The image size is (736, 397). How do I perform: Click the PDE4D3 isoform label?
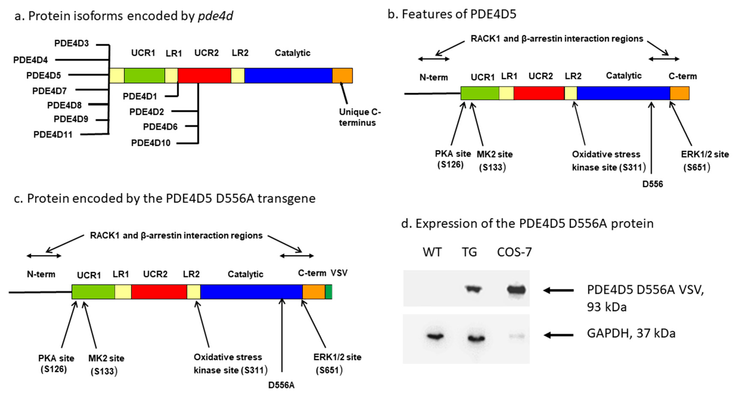71,43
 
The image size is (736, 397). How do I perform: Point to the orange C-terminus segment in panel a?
342,76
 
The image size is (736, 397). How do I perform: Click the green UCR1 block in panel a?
144,76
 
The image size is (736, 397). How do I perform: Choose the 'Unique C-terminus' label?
360,117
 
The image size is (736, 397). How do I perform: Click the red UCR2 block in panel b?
539,93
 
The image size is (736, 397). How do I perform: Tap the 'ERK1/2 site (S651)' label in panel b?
705,161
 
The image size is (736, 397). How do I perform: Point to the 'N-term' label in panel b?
434,77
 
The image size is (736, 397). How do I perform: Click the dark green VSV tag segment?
329,292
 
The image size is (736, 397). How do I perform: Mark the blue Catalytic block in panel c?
251,292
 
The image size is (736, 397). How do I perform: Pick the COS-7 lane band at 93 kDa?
516,290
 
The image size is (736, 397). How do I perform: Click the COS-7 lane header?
514,252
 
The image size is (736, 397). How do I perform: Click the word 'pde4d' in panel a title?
215,16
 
